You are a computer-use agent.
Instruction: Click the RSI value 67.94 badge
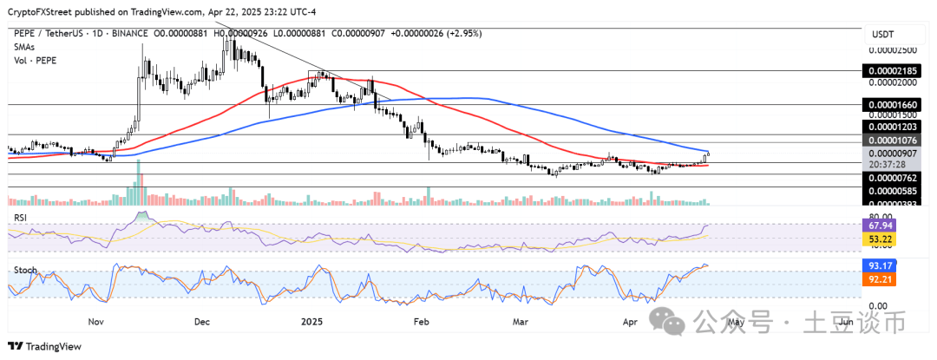coord(877,225)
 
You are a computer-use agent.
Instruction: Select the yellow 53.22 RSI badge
coord(877,239)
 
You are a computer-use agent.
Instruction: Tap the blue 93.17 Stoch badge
coord(877,265)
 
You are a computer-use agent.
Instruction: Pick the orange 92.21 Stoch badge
coord(877,279)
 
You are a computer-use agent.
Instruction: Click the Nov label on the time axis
coord(96,321)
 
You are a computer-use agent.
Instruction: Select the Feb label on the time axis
coord(420,321)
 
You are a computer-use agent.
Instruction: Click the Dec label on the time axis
coord(201,321)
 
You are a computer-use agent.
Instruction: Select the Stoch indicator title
coord(24,270)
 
